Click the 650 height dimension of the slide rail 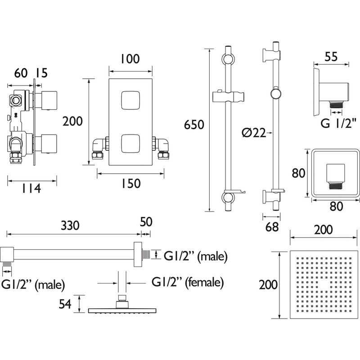(194, 125)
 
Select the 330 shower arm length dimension (73, 225)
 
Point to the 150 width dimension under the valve (130, 184)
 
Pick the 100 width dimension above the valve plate (130, 59)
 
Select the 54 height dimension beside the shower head (66, 304)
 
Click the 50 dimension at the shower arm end (146, 221)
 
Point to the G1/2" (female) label (188, 283)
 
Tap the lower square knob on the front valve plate (130, 144)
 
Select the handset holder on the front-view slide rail (228, 96)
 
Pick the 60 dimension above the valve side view (19, 73)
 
